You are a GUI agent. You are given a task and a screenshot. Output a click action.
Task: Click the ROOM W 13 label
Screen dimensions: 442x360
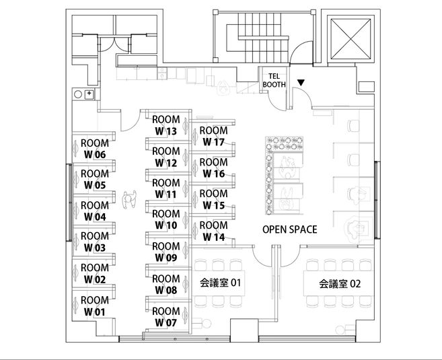(165, 125)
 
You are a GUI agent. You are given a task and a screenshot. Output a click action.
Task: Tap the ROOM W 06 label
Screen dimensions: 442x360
(95, 149)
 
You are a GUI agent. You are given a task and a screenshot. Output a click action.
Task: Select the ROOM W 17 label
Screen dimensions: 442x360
(214, 136)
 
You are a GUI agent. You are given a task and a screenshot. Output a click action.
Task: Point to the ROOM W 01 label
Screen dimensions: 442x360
(95, 306)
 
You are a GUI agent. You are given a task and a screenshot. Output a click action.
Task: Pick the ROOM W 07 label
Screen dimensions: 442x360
(165, 317)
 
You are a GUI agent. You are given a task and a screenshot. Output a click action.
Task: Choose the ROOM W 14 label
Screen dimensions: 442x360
(214, 231)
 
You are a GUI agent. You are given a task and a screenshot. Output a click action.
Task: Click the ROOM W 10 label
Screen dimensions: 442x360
(165, 219)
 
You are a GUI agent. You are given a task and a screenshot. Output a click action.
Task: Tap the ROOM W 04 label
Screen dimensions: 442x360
(95, 211)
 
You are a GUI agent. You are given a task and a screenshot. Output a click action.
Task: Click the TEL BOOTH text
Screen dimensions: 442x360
(274, 80)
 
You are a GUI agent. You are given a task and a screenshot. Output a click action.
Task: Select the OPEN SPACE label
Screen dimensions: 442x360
(290, 229)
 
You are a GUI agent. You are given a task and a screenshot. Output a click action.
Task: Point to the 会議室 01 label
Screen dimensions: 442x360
(221, 283)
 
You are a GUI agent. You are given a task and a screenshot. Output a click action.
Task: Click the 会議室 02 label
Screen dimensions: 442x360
(340, 283)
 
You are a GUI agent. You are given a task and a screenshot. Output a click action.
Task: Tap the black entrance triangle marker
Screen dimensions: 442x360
(301, 83)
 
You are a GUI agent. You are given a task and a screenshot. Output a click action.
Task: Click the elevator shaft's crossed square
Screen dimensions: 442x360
(351, 39)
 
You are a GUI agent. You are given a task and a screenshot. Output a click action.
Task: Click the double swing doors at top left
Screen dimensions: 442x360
(114, 44)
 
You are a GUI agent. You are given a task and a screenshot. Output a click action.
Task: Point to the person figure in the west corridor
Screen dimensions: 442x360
(129, 199)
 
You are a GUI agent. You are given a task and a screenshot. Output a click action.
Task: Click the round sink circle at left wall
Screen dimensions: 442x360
(78, 94)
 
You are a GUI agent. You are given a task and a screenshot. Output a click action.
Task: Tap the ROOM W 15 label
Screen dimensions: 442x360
(214, 199)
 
